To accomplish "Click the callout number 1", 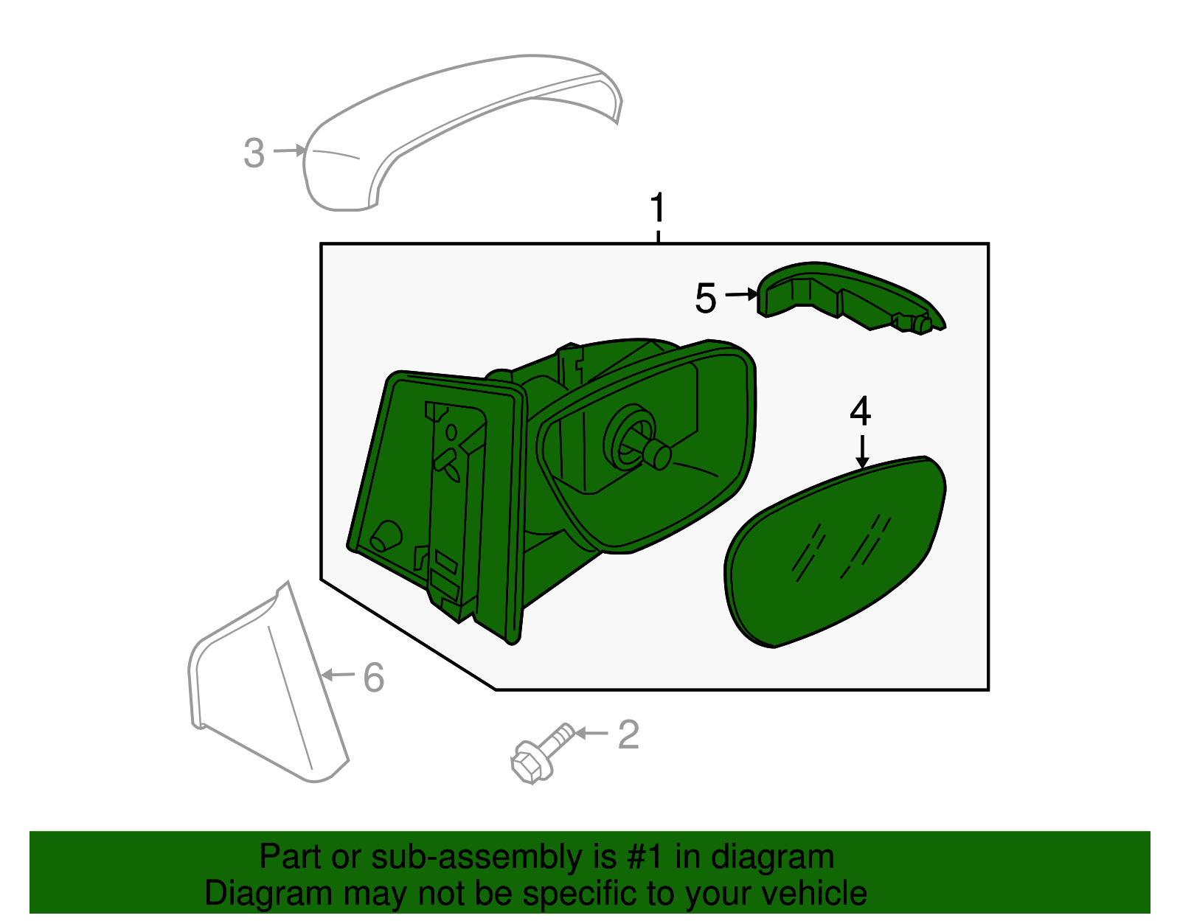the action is point(658,207).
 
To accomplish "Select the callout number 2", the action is point(629,735).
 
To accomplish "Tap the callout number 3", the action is point(254,153).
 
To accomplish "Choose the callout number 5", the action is point(706,298).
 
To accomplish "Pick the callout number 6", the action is point(374,678).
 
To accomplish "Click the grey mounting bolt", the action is point(543,753).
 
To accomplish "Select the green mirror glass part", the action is point(835,551).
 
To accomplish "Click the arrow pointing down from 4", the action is point(862,451).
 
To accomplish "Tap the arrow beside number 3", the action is point(289,150).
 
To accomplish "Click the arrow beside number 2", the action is point(591,733).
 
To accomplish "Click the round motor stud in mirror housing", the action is point(656,455).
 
